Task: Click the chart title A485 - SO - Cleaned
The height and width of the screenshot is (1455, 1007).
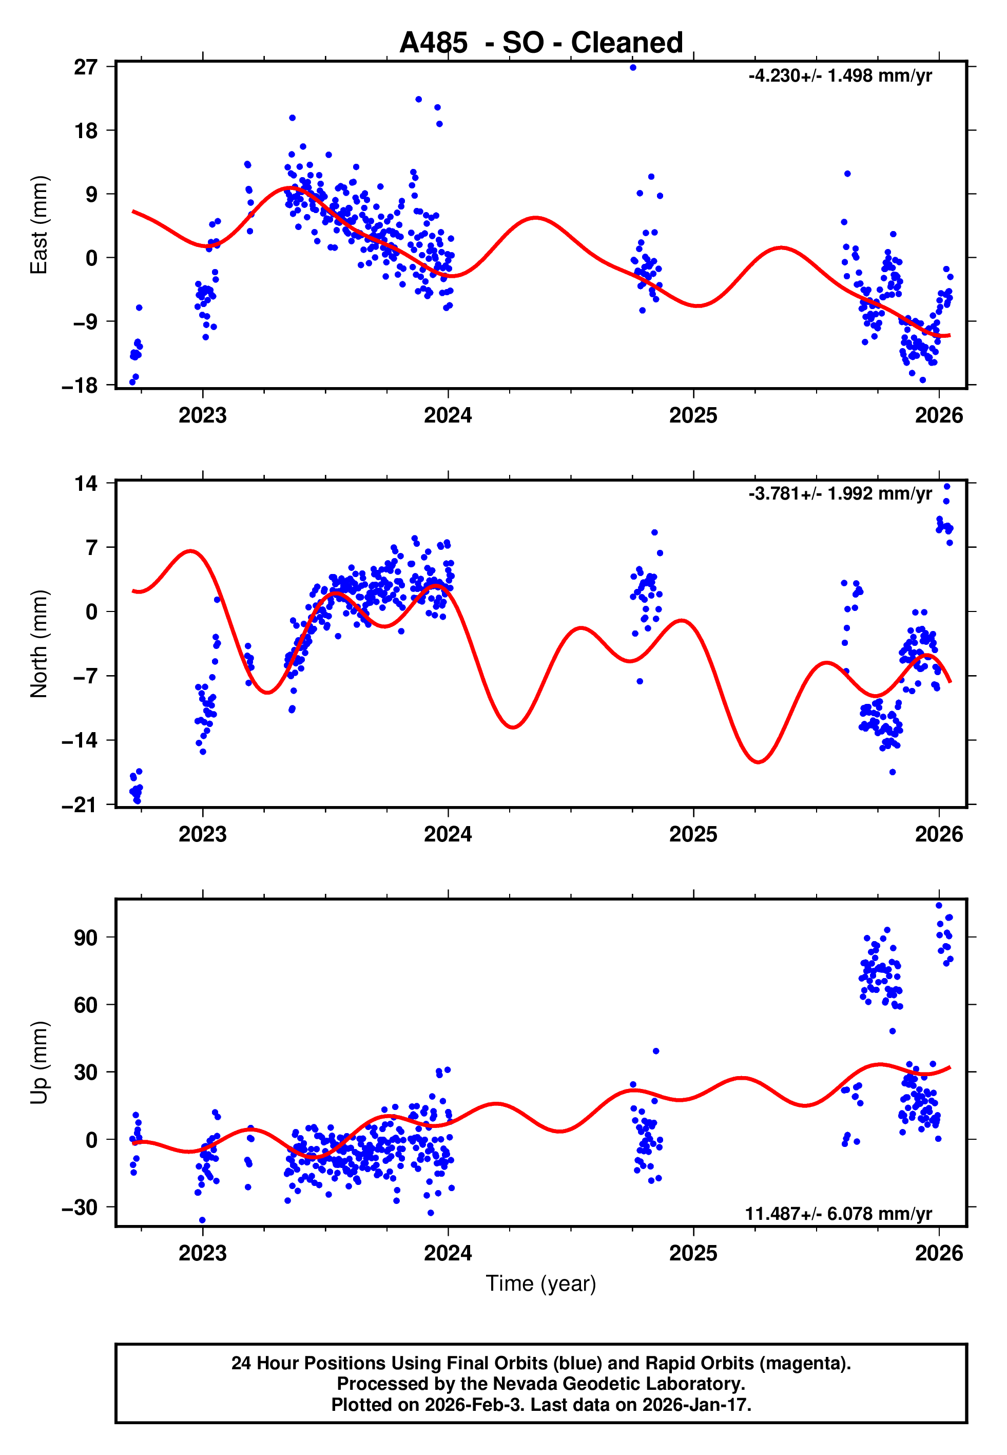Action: pos(541,43)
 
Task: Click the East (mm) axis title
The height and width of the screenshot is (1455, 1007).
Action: pos(39,225)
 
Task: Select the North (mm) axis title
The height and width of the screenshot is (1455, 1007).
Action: pos(39,644)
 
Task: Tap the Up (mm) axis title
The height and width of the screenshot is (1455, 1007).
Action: pos(39,1063)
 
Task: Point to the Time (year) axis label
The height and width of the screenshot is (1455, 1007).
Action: pos(541,1284)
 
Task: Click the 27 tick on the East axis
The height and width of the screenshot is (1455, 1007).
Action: pos(86,67)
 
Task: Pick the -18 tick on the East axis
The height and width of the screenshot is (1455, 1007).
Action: pos(80,386)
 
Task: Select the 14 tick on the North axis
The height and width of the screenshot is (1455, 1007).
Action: pos(86,484)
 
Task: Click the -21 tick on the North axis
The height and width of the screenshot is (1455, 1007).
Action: pos(80,805)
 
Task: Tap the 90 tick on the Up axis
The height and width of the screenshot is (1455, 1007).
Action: pos(86,937)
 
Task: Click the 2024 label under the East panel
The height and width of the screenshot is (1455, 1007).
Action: pos(448,415)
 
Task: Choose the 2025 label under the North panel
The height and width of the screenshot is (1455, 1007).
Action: pos(693,834)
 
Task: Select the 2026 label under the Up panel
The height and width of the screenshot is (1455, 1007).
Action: pos(939,1253)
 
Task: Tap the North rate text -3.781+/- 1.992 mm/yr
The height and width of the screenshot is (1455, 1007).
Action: pos(840,493)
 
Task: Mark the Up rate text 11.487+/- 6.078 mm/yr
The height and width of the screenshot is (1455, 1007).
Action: pos(839,1213)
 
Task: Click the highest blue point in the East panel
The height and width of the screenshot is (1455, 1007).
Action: pos(633,67)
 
